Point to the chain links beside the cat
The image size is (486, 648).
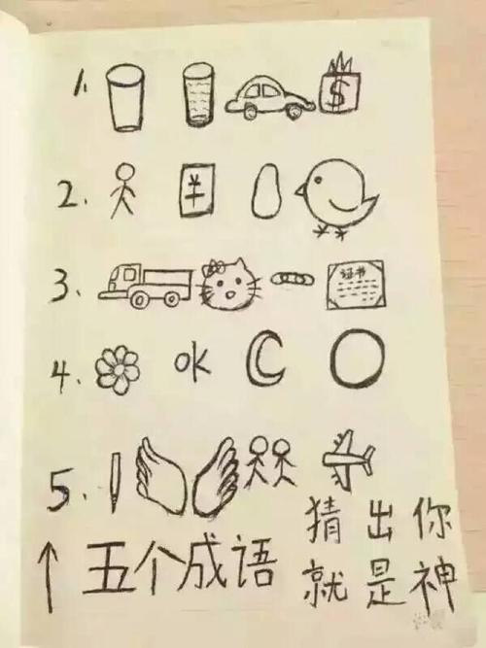click(x=288, y=279)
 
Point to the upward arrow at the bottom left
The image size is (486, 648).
click(x=46, y=572)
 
